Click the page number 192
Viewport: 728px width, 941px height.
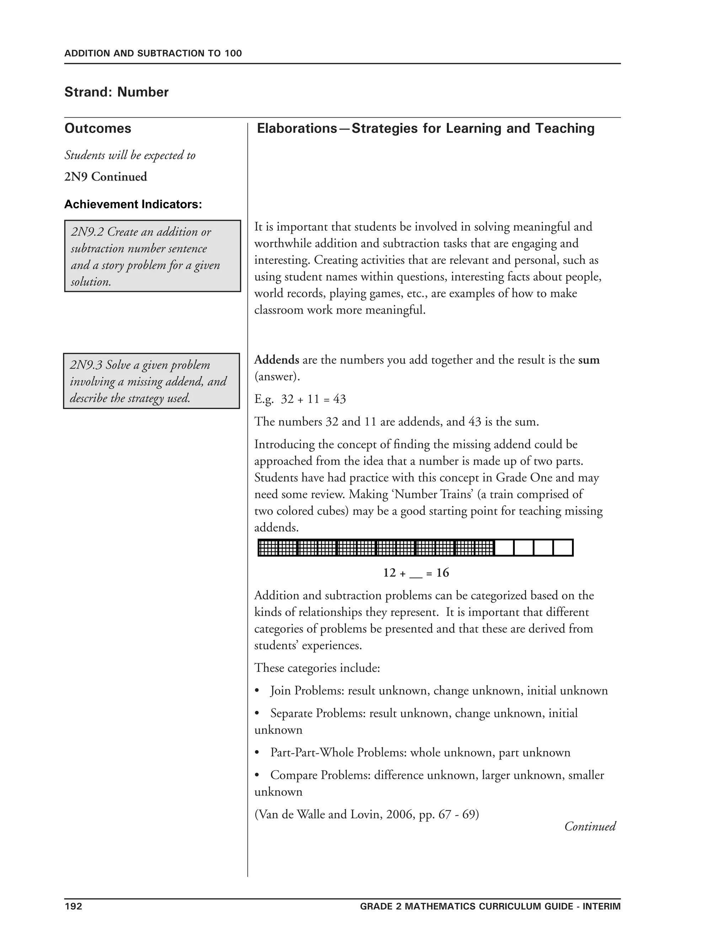coord(73,906)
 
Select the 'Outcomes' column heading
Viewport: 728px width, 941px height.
coord(97,129)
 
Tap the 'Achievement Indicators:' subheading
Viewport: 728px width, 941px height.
coord(133,204)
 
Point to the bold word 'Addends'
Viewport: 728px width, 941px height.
coord(277,360)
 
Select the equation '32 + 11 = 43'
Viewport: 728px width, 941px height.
coord(313,399)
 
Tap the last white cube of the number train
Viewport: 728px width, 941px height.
coord(563,548)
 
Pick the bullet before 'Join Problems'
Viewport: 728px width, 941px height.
coord(257,691)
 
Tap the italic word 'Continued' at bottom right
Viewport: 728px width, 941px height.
coord(590,826)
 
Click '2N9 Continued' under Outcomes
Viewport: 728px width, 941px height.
coord(106,176)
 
